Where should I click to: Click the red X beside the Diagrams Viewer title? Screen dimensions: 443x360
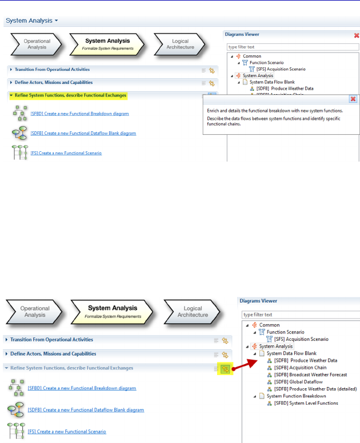pos(357,35)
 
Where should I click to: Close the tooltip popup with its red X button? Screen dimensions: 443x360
pos(353,99)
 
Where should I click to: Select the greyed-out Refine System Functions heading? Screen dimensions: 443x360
pos(72,368)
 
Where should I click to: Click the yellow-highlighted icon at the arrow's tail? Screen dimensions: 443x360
pos(225,369)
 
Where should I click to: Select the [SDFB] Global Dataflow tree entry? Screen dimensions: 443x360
pos(298,381)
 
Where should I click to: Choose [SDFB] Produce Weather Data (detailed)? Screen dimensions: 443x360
pos(315,388)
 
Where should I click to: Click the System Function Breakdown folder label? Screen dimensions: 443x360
pos(296,396)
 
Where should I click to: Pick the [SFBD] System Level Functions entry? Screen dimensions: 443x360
pos(306,403)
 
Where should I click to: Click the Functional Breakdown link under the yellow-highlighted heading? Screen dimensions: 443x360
pos(79,114)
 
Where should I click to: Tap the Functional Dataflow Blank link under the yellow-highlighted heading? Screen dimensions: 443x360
pos(83,133)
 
